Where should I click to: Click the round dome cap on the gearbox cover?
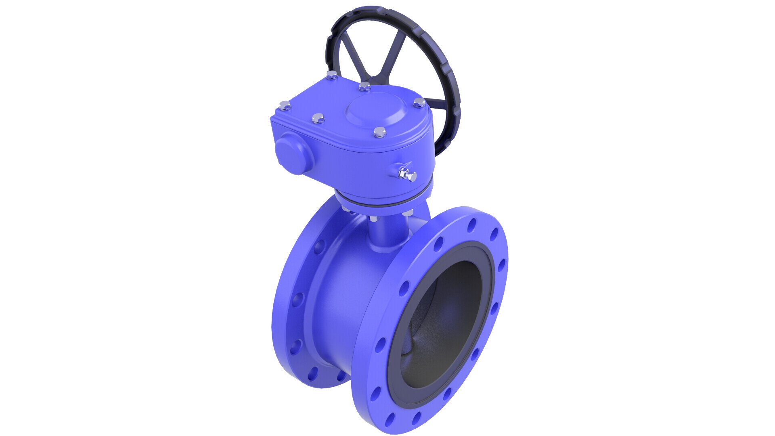(x=373, y=108)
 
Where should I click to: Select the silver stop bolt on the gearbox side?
(x=407, y=174)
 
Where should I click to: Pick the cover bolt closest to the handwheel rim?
(x=419, y=103)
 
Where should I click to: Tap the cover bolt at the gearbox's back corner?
(x=331, y=75)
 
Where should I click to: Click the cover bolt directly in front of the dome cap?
(x=379, y=132)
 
